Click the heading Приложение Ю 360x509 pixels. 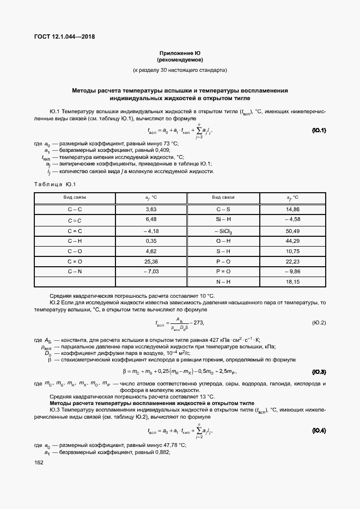coord(180,53)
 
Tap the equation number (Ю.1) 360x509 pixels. coord(319,131)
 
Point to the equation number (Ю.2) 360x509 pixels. coord(319,323)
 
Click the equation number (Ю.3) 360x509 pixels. coord(319,372)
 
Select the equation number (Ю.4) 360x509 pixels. coord(319,431)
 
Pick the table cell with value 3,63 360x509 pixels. coord(151,209)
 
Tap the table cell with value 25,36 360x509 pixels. coord(151,261)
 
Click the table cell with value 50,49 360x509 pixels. coord(292,230)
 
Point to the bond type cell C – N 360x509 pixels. coord(75,271)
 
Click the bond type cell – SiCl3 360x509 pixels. coord(223,231)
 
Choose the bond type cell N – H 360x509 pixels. coord(223,282)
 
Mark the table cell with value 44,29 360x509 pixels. coord(292,241)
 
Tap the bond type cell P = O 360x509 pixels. coord(223,271)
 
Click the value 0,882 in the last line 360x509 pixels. coord(164,452)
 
